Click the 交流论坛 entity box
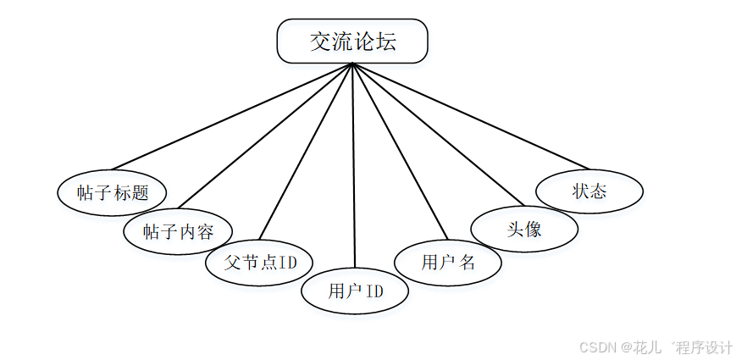pyautogui.click(x=352, y=42)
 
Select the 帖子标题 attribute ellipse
pyautogui.click(x=111, y=192)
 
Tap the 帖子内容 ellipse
pyautogui.click(x=178, y=230)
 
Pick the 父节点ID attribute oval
pyautogui.click(x=260, y=261)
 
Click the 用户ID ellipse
pyautogui.click(x=356, y=291)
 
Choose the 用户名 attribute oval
pyautogui.click(x=448, y=262)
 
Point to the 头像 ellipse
pyautogui.click(x=524, y=229)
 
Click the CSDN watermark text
pyautogui.click(x=597, y=346)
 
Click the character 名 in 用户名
pyautogui.click(x=467, y=262)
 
